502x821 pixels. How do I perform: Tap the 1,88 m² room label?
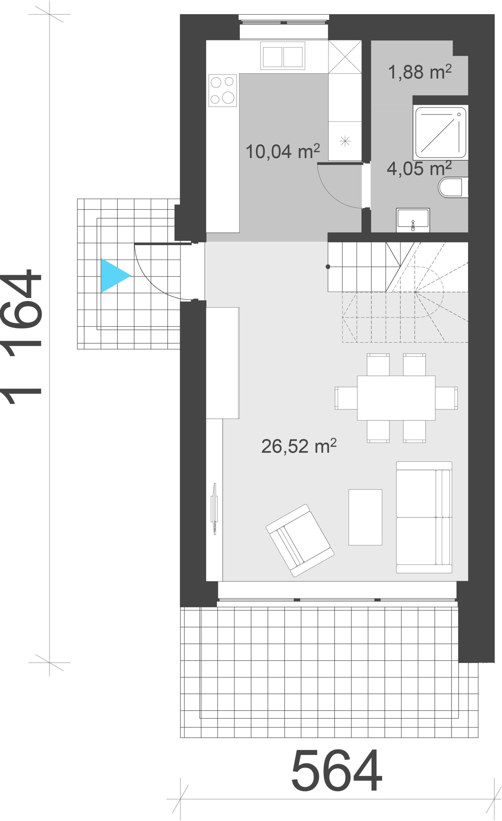pyautogui.click(x=420, y=72)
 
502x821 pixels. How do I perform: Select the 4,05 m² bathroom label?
pyautogui.click(x=419, y=168)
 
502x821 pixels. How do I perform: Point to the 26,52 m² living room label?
pyautogui.click(x=299, y=446)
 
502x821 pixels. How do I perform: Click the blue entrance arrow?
pyautogui.click(x=115, y=275)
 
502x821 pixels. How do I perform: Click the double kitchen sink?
pyautogui.click(x=282, y=56)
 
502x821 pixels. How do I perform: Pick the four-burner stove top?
pyautogui.click(x=222, y=90)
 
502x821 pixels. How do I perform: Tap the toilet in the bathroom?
pyautogui.click(x=453, y=187)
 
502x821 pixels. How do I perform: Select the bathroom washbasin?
pyautogui.click(x=413, y=220)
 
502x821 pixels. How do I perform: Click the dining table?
pyautogui.click(x=396, y=398)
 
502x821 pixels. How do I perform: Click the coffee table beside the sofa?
pyautogui.click(x=365, y=517)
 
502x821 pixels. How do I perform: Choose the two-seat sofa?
pyautogui.click(x=424, y=517)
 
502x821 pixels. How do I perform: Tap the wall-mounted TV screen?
pyautogui.click(x=214, y=508)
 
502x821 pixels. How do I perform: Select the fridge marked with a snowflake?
pyautogui.click(x=345, y=141)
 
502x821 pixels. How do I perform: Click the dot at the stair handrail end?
pyautogui.click(x=328, y=267)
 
